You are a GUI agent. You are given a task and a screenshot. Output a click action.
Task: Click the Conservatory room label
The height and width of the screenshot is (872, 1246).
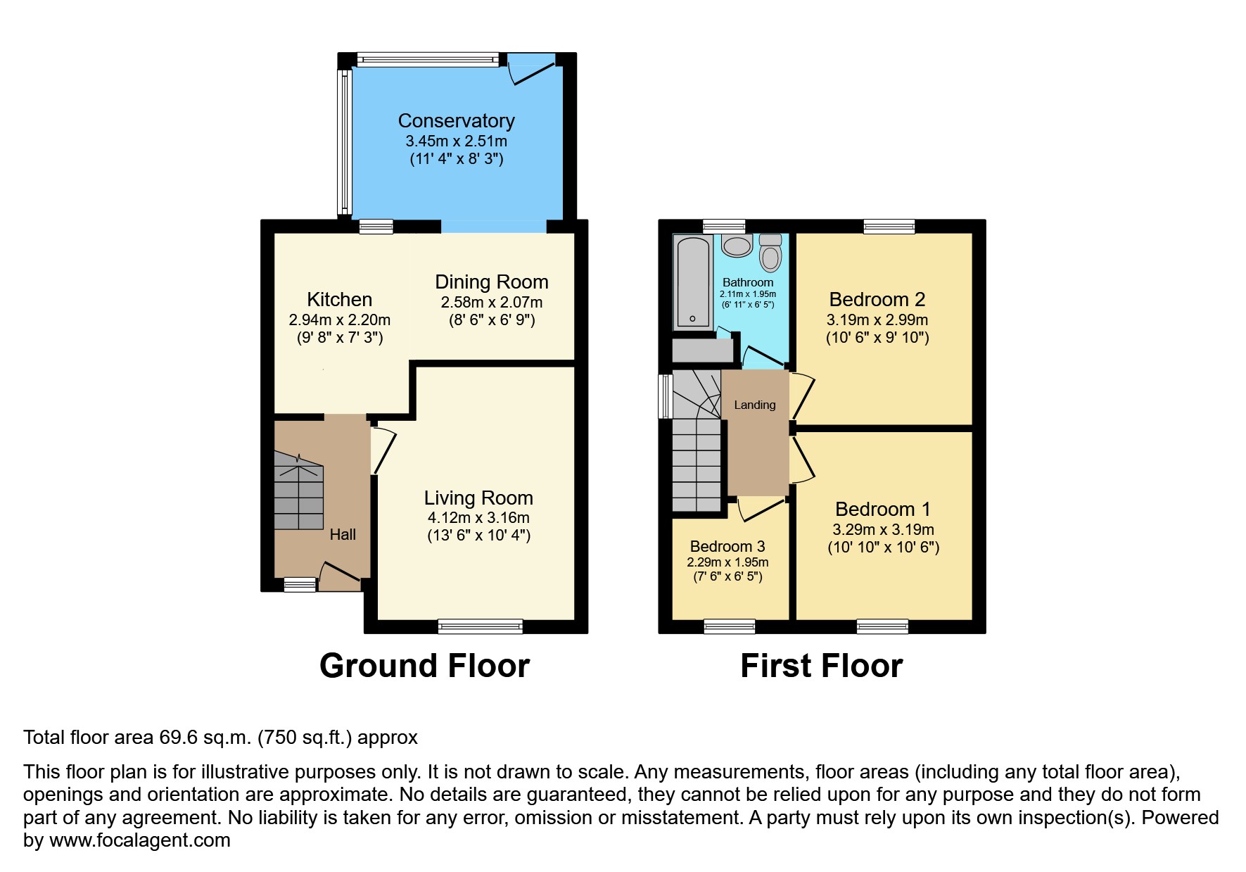click(456, 121)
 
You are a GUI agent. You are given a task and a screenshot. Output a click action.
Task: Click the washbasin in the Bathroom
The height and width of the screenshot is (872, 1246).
click(737, 246)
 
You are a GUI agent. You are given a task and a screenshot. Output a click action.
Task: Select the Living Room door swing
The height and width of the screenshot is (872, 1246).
click(384, 450)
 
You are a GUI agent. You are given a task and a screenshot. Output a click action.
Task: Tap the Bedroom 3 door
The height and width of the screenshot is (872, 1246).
click(761, 508)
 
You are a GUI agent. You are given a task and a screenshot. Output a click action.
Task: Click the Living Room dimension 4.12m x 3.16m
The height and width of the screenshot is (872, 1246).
click(478, 518)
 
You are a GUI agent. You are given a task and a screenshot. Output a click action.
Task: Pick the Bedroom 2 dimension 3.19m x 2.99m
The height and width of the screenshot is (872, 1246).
click(877, 320)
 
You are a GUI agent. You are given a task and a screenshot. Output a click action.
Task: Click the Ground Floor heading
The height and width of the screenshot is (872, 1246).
click(424, 666)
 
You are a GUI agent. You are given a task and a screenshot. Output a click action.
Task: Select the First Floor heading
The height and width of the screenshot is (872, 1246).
click(821, 666)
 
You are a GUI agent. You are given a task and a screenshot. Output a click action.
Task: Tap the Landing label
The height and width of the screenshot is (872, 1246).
click(754, 405)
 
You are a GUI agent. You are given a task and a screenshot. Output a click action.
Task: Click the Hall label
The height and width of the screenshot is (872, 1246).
click(343, 535)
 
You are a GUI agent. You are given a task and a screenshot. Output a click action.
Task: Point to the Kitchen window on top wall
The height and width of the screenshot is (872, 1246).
click(376, 227)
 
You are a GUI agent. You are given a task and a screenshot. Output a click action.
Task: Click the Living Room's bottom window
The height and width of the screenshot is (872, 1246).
click(480, 626)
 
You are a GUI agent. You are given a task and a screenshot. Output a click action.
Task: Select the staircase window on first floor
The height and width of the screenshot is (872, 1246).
click(665, 396)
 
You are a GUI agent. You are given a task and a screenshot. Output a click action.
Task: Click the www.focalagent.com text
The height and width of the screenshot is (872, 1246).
click(139, 840)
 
